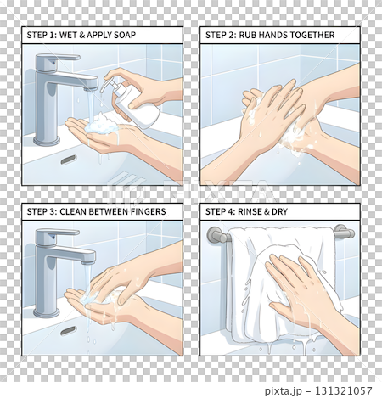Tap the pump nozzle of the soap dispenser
point(106,84)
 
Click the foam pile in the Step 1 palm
point(102,124)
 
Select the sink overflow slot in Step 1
point(69,160)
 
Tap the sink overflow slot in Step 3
point(68,330)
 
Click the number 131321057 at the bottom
point(344,390)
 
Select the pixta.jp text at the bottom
point(283,391)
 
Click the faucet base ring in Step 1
point(47,140)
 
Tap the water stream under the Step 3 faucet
point(87,280)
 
